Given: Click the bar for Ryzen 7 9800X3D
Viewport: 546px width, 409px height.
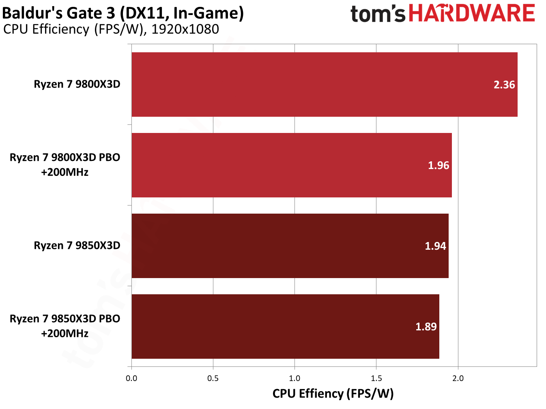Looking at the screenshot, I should point(325,84).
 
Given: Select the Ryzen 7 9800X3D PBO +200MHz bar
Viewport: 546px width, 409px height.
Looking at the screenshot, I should point(292,165).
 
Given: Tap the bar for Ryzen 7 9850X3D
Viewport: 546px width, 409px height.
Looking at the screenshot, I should point(290,246).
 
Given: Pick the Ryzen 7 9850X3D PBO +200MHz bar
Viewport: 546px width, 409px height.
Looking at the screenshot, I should point(285,326).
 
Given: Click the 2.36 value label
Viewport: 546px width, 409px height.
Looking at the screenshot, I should point(504,85).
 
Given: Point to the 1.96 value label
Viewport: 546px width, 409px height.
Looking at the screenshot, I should point(439,165).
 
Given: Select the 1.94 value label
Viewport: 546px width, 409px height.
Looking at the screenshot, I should point(435,246).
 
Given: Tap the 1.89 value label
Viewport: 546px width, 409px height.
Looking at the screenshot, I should point(426,327).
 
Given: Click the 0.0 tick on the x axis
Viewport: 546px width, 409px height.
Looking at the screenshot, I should point(131,378).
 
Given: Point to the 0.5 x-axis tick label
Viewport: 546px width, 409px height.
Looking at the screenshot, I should point(213,378).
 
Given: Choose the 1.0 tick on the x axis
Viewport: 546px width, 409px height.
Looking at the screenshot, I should point(294,378).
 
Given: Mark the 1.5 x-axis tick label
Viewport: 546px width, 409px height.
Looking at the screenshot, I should point(376,378).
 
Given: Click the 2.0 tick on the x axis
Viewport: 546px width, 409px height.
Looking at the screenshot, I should point(458,378).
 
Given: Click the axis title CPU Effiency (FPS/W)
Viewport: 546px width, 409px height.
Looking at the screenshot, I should point(333,394).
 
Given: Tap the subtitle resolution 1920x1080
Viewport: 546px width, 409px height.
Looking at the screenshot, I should point(185,29).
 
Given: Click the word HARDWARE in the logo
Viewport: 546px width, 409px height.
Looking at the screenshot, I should point(472,13).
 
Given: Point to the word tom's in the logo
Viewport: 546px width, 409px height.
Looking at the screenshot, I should point(378,14).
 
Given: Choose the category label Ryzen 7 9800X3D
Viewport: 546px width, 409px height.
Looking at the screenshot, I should point(77,84).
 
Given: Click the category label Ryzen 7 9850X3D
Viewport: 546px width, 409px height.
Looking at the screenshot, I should point(77,246).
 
